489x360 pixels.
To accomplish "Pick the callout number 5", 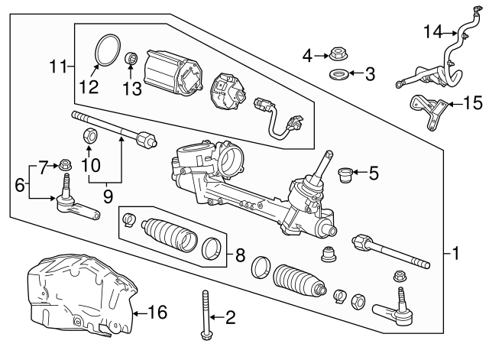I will (x=373, y=174).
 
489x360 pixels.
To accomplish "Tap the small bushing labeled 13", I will (x=131, y=58).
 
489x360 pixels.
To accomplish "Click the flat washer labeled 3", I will (x=338, y=75).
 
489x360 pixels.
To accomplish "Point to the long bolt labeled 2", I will (x=206, y=315).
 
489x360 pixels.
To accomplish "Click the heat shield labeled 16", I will (x=80, y=294).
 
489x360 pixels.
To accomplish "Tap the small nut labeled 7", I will (x=66, y=164).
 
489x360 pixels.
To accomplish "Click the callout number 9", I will (x=107, y=195).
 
